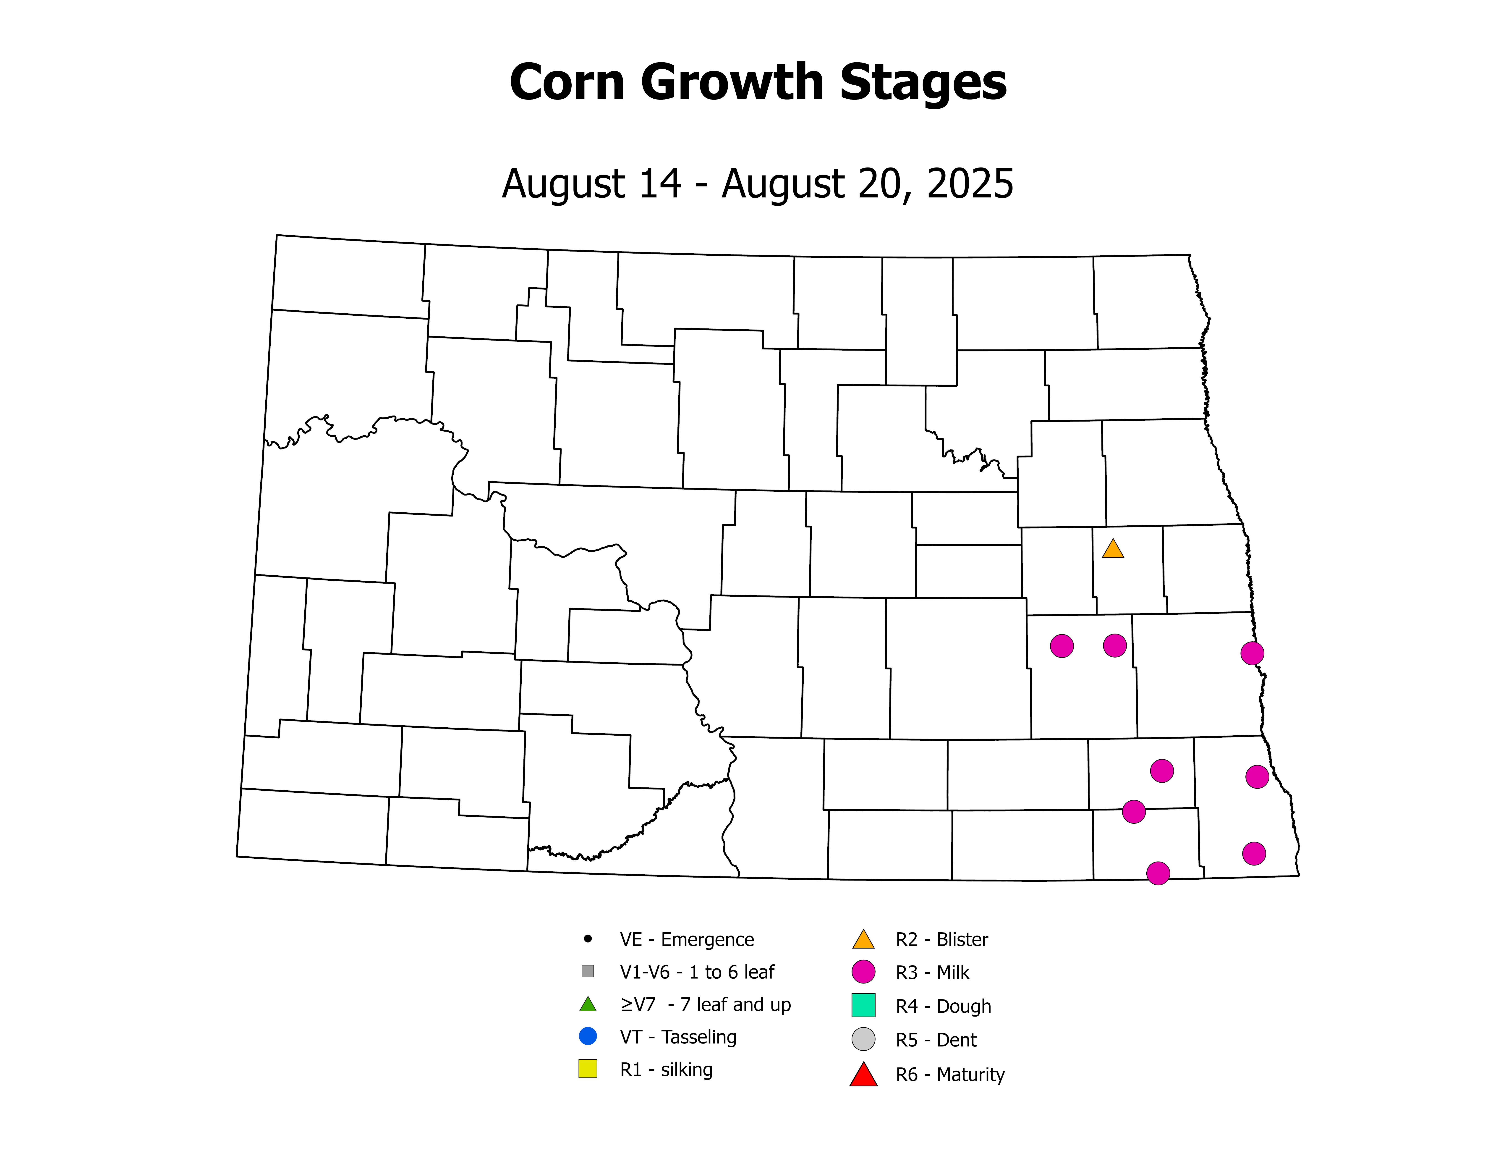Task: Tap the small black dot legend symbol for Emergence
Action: (x=588, y=939)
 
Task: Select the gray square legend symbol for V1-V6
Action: (x=588, y=971)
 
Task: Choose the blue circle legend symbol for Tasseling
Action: (x=588, y=1036)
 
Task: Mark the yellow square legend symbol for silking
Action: (x=588, y=1069)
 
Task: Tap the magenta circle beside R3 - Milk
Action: (x=863, y=972)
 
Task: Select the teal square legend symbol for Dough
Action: (x=863, y=1005)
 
